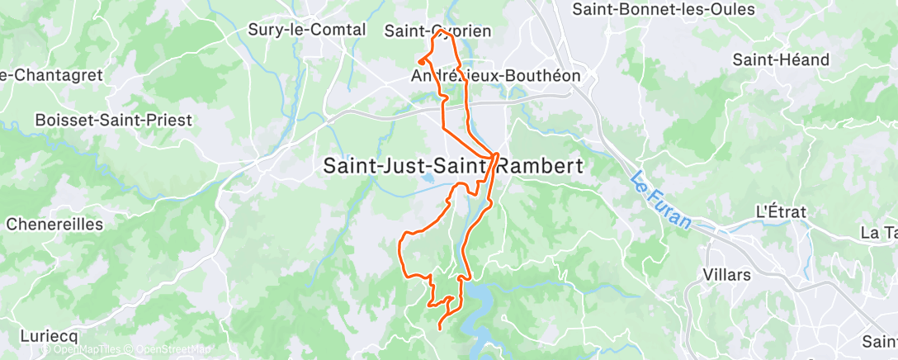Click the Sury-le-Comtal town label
[x=306, y=30]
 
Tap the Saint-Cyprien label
[x=438, y=31]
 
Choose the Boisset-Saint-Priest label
[x=113, y=120]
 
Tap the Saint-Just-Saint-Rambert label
[x=452, y=165]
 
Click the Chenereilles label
[x=54, y=224]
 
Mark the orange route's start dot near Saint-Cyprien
[x=422, y=60]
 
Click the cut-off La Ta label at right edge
[x=878, y=234]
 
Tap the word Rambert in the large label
[x=541, y=165]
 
